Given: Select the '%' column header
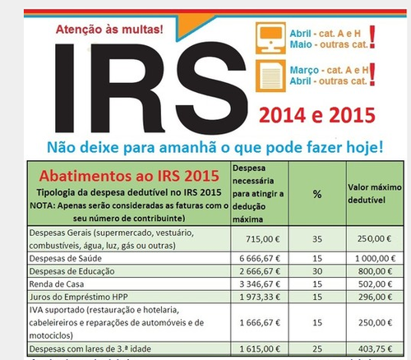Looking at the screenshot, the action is (293, 193).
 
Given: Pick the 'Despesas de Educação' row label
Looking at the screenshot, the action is (71, 271).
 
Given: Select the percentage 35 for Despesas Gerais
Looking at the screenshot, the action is (293, 238).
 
